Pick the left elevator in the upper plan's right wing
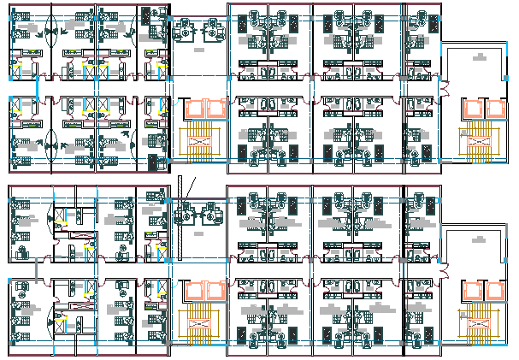[x=470, y=109]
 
